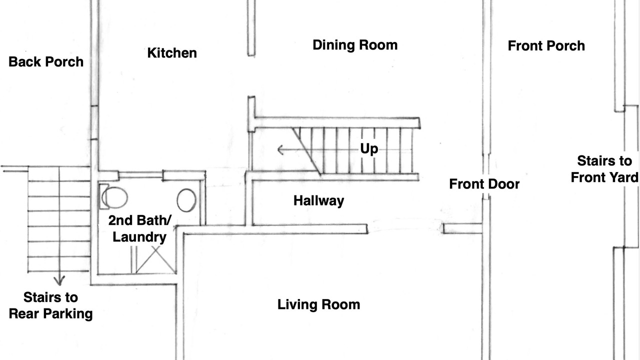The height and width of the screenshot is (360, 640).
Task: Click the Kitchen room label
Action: point(172,53)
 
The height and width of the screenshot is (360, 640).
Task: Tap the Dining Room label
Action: point(355,45)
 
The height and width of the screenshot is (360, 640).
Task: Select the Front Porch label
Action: point(546,45)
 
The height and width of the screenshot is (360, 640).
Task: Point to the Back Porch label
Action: point(46,61)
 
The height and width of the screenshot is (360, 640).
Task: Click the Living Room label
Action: point(318,304)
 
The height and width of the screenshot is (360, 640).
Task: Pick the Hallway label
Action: point(318,201)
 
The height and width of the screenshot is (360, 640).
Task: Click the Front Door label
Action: point(484,184)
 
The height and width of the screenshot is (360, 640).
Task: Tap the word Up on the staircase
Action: point(369,149)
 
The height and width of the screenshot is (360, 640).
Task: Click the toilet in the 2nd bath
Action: point(113,197)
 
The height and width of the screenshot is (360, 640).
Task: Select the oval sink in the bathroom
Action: point(186,200)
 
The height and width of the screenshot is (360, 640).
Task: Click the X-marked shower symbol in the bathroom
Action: point(155,259)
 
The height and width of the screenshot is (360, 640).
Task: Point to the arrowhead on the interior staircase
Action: point(280,149)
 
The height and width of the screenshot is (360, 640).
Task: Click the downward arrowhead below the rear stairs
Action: point(59,280)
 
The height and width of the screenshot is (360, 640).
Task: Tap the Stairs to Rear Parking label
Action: point(50,305)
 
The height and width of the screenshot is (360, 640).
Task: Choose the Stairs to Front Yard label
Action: point(604,169)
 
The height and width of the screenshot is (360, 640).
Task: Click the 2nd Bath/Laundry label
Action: point(139,228)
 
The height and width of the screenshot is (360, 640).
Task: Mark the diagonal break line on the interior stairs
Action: point(306,151)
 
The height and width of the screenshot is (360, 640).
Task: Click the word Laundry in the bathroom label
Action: point(139,237)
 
